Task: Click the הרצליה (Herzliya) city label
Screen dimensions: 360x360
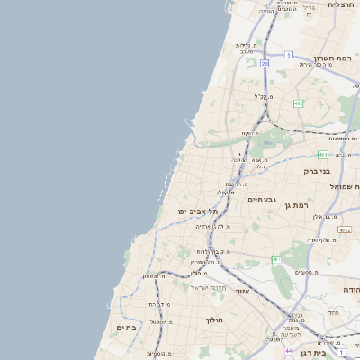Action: (341, 4)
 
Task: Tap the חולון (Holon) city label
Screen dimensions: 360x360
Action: (213, 319)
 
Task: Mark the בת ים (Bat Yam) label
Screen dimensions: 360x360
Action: (125, 328)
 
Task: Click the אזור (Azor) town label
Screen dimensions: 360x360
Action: (241, 292)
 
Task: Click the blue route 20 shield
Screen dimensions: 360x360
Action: (265, 64)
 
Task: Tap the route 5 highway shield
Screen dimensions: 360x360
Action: (289, 55)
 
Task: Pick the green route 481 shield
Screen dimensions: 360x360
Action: (322, 154)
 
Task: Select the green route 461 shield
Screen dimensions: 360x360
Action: (276, 259)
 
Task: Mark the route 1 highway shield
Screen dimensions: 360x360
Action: (341, 351)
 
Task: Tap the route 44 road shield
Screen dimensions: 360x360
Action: (289, 351)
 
